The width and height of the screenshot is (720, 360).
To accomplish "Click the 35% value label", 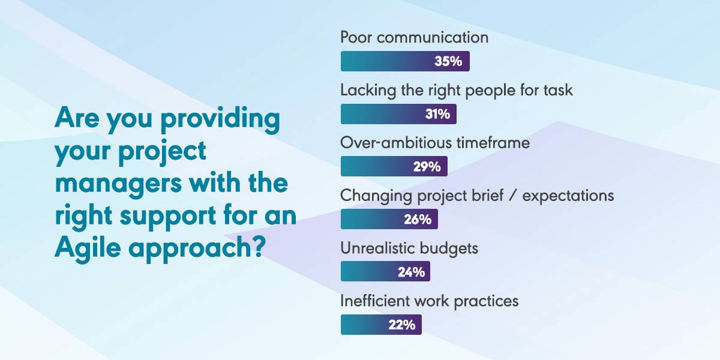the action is (x=448, y=61).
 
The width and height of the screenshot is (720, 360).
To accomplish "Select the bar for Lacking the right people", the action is (x=398, y=114).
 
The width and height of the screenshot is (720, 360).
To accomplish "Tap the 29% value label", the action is (x=427, y=167).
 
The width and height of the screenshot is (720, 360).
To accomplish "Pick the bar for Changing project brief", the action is (x=389, y=219).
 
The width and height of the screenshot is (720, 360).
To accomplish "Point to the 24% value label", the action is (x=412, y=272).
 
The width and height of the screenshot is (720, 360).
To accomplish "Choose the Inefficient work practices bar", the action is (x=381, y=325).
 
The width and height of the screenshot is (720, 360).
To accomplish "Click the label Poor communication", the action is (x=415, y=37).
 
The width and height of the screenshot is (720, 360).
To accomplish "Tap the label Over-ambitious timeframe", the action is (x=435, y=143).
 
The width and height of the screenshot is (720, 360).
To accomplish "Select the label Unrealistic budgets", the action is (x=409, y=249).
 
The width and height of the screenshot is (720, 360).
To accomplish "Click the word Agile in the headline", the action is (x=88, y=247).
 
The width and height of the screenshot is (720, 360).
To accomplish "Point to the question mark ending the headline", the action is (x=258, y=246).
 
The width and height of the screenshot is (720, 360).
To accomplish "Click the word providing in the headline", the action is (x=220, y=119).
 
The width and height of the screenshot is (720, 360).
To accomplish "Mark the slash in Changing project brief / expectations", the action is (x=513, y=196).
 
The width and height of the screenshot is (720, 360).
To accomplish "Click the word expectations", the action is (x=568, y=196).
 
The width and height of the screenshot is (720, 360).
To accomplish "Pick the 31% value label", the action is (x=437, y=114).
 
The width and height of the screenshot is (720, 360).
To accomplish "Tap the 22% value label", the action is (x=402, y=325).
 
